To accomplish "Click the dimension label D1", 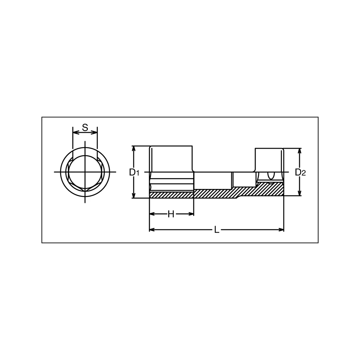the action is [x=134, y=172].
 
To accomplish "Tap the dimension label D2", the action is [x=300, y=172].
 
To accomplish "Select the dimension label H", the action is [x=171, y=214].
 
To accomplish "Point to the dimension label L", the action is [x=216, y=230].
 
